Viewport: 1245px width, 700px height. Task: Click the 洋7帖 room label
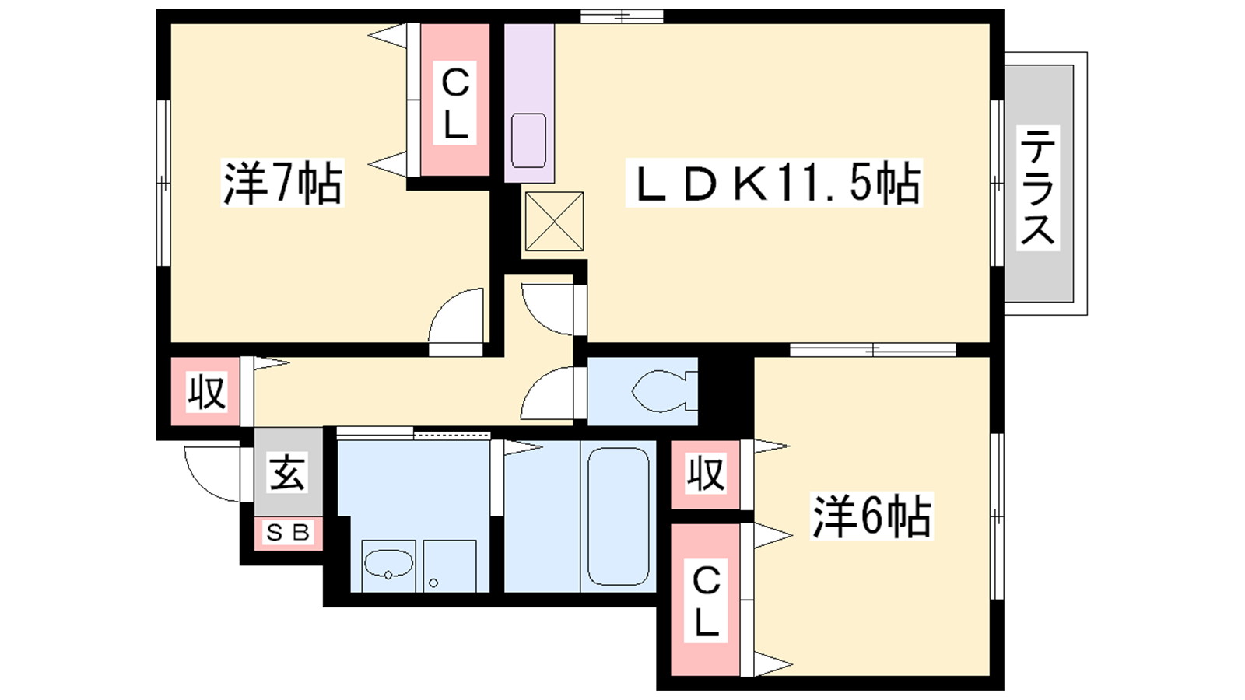point(282,183)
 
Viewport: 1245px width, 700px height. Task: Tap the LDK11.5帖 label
point(773,183)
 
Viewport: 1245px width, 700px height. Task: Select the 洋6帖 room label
point(871,516)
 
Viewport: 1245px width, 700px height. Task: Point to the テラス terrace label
point(1038,187)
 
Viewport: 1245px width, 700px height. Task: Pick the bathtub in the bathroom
point(618,516)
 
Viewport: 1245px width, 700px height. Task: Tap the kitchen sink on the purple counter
point(528,141)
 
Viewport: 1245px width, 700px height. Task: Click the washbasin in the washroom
point(388,564)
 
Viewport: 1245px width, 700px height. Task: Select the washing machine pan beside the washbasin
point(450,565)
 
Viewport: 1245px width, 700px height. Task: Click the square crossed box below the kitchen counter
point(554,221)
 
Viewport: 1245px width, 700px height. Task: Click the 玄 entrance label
point(288,473)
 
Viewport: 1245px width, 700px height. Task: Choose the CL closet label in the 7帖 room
point(454,103)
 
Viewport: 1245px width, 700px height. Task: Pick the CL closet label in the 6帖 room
point(705,601)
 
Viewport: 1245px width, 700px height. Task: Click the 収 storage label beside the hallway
point(206,392)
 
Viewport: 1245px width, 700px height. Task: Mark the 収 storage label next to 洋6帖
point(705,474)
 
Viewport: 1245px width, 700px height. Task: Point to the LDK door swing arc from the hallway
point(536,320)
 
